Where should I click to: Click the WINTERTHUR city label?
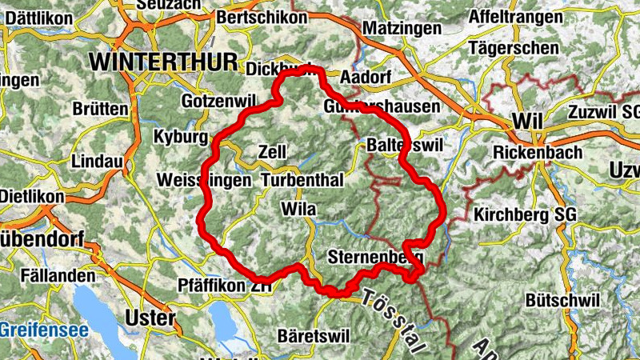pos(164,62)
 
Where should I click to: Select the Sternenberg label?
pos(374,258)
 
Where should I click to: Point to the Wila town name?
pos(300,210)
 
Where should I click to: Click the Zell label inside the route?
pos(273,151)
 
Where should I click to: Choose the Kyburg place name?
pos(181,136)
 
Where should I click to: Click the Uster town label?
pos(150,318)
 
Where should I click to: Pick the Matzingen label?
pos(402,28)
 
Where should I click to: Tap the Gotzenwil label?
pos(217,102)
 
